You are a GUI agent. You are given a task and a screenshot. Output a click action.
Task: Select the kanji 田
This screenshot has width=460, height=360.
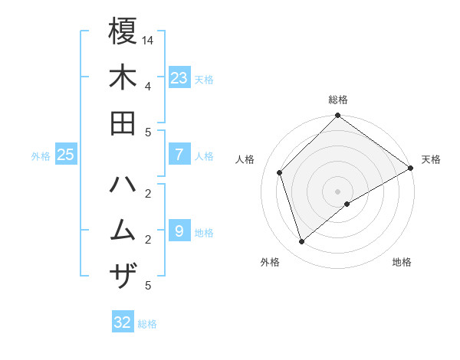point(123,123)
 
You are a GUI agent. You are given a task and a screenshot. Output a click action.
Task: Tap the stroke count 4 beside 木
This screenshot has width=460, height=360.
point(147,85)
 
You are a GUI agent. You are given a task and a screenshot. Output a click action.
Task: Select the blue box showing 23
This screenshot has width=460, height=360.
point(179,78)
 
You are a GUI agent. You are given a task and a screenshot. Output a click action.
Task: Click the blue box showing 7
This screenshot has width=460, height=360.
point(179,155)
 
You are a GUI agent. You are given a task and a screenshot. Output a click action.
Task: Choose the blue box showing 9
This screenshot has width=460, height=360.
point(179,231)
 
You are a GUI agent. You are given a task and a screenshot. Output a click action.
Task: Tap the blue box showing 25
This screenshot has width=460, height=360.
point(66,155)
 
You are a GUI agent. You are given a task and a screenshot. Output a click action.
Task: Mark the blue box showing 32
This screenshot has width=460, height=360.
point(123,322)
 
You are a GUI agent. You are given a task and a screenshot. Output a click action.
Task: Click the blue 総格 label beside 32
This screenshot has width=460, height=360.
point(147,323)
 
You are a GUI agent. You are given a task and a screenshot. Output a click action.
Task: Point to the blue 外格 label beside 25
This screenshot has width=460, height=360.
point(41,155)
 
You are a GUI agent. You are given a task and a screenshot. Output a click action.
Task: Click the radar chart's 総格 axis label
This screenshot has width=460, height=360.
point(338,100)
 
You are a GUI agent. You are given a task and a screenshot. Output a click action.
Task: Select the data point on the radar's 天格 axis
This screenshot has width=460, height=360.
point(411,168)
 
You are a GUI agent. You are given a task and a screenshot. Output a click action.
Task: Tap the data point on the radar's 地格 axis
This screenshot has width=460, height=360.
point(348,204)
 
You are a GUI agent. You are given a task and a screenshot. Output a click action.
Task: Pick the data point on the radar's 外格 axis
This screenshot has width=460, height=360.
point(302,242)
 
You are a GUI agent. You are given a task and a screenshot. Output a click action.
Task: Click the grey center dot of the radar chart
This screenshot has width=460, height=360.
point(338,191)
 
